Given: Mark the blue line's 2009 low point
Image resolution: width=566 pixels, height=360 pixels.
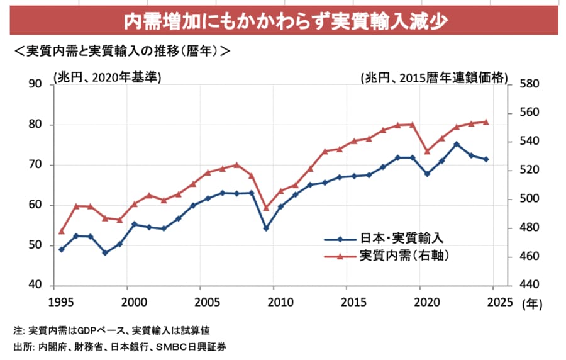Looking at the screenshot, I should click(266, 228).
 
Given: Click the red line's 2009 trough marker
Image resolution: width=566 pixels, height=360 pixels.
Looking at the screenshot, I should click(266, 208).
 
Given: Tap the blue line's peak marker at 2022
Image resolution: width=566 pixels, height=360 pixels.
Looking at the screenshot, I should click(457, 144).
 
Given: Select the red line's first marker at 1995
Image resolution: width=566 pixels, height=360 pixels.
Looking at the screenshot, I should click(62, 231).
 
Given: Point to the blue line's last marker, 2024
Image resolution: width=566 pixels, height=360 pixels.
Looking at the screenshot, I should click(486, 159).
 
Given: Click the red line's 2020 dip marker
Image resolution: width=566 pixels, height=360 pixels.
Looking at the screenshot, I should click(427, 151).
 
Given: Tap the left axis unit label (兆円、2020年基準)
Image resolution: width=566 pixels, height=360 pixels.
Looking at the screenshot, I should click(107, 77).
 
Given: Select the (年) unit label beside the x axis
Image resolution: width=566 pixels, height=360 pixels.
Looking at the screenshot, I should click(531, 303).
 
